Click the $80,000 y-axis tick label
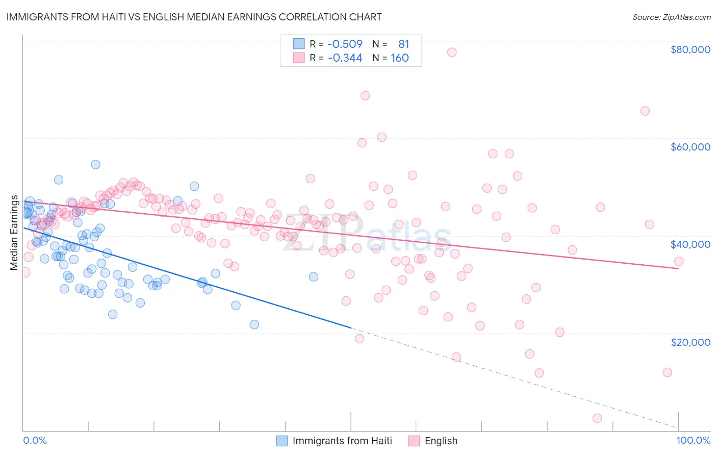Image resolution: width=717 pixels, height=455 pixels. [x=690, y=49]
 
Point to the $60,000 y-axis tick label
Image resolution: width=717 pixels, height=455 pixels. [x=690, y=147]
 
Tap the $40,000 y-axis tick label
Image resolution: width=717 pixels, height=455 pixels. [x=690, y=244]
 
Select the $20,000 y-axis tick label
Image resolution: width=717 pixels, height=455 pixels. [x=690, y=342]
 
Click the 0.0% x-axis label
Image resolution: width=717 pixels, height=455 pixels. [x=35, y=440]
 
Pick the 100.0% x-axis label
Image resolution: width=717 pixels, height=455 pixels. [x=693, y=440]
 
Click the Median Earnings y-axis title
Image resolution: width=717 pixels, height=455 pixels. [x=14, y=233]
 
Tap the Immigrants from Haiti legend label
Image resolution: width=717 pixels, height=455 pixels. [x=342, y=441]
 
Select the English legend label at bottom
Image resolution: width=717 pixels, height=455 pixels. [x=441, y=441]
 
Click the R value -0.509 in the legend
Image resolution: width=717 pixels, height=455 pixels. [x=345, y=44]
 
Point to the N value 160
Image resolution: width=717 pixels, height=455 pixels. [x=400, y=58]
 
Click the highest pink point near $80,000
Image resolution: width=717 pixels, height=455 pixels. [x=452, y=52]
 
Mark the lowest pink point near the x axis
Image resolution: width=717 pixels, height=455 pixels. [x=597, y=418]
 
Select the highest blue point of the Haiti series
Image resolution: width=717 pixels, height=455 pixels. [x=95, y=164]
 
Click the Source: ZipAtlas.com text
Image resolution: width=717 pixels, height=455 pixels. [x=671, y=17]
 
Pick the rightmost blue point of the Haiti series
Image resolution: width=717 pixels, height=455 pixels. [x=314, y=276]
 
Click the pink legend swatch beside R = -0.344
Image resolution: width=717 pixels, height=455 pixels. [x=299, y=58]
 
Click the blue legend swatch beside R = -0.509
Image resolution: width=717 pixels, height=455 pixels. [x=299, y=44]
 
